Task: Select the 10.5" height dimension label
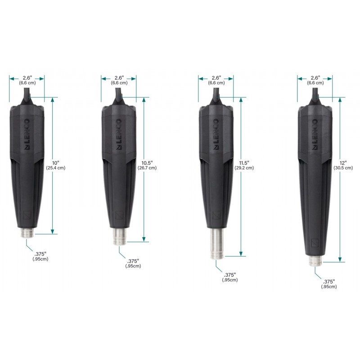click(x=147, y=163)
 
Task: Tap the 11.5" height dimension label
click(x=244, y=163)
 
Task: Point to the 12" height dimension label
click(x=343, y=163)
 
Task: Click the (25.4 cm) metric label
click(x=56, y=168)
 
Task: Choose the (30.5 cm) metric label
click(x=343, y=168)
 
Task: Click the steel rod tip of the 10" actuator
click(x=27, y=233)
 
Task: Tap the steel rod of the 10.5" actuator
click(x=119, y=237)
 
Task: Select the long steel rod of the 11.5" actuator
click(x=216, y=243)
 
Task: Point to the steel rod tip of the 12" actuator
click(x=315, y=261)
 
